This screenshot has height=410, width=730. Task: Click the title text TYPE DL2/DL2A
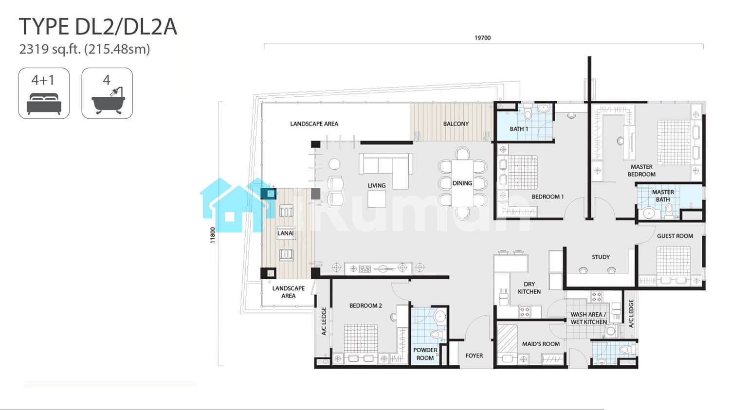pyautogui.click(x=98, y=27)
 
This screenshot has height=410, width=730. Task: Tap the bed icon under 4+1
pyautogui.click(x=44, y=104)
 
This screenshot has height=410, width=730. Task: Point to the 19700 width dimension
pyautogui.click(x=482, y=38)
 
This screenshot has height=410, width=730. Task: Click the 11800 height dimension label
pyautogui.click(x=213, y=235)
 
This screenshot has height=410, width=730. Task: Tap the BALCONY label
pyautogui.click(x=456, y=124)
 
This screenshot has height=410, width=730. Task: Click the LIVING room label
pyautogui.click(x=377, y=186)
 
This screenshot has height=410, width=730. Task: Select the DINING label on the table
pyautogui.click(x=462, y=183)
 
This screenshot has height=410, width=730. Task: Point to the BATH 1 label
pyautogui.click(x=519, y=129)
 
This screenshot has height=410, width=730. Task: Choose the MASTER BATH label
pyautogui.click(x=663, y=196)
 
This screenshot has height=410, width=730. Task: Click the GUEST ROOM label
pyautogui.click(x=675, y=236)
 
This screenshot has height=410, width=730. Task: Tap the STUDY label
pyautogui.click(x=601, y=257)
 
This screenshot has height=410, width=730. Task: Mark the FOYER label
pyautogui.click(x=474, y=356)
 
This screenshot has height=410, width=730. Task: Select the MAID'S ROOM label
pyautogui.click(x=541, y=344)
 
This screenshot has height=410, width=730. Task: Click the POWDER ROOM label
pyautogui.click(x=425, y=354)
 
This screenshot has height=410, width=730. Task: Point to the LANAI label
pyautogui.click(x=286, y=233)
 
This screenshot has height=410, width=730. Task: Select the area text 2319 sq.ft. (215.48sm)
pyautogui.click(x=84, y=49)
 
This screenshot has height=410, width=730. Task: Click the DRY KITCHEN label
pyautogui.click(x=529, y=288)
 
